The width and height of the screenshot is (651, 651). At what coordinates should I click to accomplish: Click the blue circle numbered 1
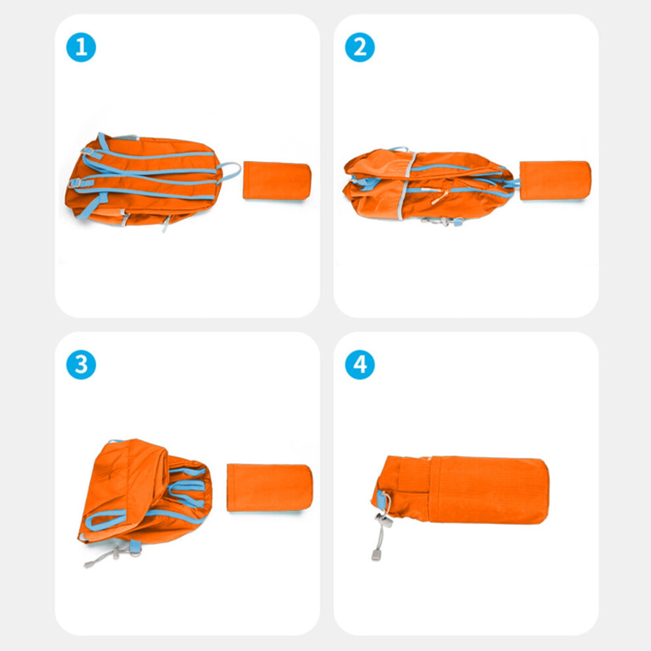click(81, 47)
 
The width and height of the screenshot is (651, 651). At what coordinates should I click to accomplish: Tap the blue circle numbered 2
click(360, 47)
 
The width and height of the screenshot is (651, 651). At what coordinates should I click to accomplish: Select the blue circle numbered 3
click(81, 364)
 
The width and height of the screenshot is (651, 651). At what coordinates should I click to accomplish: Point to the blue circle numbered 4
click(360, 364)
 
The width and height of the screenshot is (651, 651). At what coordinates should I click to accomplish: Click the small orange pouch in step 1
click(277, 181)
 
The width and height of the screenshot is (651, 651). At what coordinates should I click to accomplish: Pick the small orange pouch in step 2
click(555, 181)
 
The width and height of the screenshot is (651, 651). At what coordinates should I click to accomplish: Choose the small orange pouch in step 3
click(270, 488)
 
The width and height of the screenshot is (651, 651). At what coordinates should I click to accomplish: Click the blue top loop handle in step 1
click(230, 172)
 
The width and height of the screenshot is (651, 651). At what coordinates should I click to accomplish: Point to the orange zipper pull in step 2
click(439, 197)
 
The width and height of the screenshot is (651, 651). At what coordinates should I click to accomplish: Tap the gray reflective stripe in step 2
click(406, 185)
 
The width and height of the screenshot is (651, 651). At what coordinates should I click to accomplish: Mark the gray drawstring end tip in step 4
click(376, 555)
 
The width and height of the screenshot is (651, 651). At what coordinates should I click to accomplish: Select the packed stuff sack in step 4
click(460, 490)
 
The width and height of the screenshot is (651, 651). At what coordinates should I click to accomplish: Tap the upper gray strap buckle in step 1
click(87, 151)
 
